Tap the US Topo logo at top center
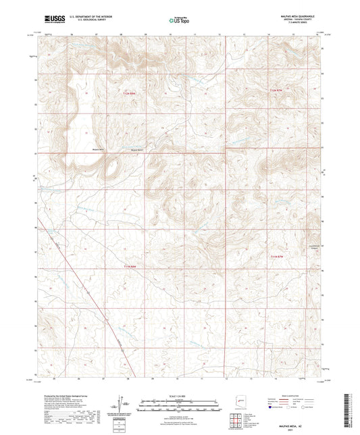point(180,21)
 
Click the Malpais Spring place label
point(138,149)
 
